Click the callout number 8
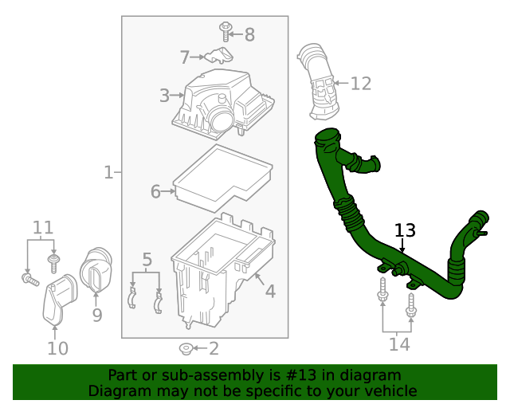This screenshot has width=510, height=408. [249, 34]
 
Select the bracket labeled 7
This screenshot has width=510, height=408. [218, 56]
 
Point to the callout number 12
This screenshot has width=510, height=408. [361, 83]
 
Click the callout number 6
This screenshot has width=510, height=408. [156, 191]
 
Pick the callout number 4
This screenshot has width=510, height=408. [270, 292]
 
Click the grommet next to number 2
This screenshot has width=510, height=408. [185, 348]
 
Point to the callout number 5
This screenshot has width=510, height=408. [147, 259]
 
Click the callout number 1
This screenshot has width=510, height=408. [108, 172]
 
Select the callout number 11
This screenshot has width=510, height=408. [42, 227]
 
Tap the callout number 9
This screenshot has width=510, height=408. [96, 316]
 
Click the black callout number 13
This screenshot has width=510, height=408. [405, 231]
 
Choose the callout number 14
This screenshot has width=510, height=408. [398, 344]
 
